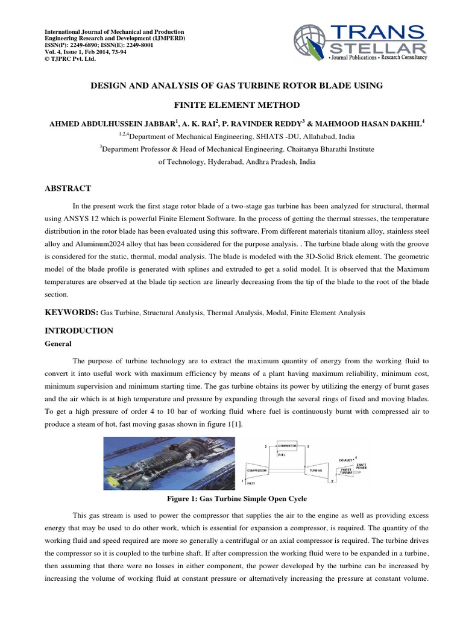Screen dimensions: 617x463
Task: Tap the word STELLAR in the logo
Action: pyautogui.click(x=382, y=48)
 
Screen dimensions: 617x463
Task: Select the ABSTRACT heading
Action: pyautogui.click(x=69, y=189)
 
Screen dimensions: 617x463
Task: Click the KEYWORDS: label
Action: pyautogui.click(x=73, y=313)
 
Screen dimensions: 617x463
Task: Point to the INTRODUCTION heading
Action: pyautogui.click(x=80, y=331)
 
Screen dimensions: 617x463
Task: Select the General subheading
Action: pyautogui.click(x=59, y=343)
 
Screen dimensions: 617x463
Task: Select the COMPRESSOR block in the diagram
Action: pyautogui.click(x=260, y=468)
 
